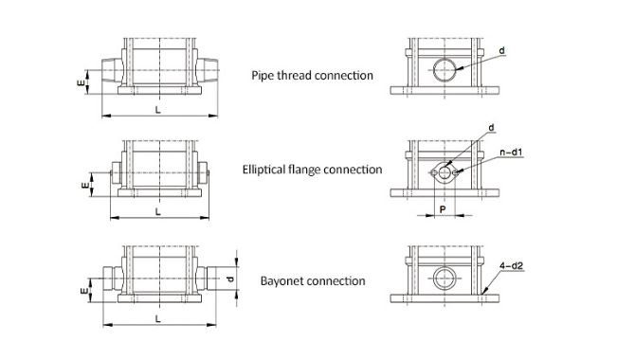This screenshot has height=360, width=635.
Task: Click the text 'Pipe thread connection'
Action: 312,76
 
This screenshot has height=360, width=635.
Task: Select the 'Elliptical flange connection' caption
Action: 312,170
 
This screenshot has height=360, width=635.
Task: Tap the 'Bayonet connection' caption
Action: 313,280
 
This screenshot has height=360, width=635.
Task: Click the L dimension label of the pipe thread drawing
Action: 158,109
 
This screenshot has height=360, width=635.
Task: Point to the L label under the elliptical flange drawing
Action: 158,211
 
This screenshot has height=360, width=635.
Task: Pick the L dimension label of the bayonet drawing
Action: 158,318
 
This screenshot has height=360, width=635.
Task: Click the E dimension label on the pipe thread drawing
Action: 82,82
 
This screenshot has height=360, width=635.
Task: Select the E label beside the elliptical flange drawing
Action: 85,186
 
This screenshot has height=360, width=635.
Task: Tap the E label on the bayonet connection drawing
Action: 84,291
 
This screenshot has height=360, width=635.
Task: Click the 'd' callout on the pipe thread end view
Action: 501,50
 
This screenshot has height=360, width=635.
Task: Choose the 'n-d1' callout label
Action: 511,153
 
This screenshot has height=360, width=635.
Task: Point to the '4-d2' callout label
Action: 511,266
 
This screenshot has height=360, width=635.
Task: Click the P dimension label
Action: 443,209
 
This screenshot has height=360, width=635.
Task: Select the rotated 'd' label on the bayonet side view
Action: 230,279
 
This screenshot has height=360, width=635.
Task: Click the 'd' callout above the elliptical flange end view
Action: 491,128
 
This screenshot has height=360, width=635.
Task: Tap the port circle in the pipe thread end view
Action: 434,70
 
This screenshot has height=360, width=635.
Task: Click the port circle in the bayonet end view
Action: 433,279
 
